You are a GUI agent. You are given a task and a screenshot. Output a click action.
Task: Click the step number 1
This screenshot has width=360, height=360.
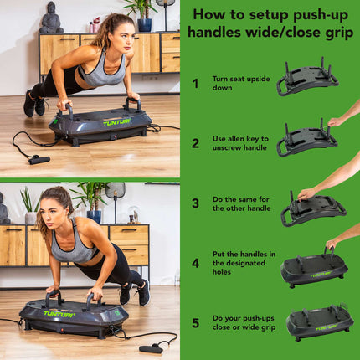pyautogui.click(x=195, y=83)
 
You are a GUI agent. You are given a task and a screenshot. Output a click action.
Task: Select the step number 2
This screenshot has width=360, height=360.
pyautogui.click(x=195, y=143)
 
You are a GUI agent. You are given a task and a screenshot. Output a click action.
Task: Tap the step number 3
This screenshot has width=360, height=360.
pyautogui.click(x=195, y=203)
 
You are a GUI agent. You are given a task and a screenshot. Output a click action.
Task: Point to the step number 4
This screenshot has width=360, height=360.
pyautogui.click(x=195, y=262)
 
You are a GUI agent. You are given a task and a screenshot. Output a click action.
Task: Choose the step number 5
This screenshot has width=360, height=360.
pyautogui.click(x=195, y=322)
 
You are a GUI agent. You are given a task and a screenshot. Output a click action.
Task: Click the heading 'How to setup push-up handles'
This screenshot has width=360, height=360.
pyautogui.click(x=270, y=23)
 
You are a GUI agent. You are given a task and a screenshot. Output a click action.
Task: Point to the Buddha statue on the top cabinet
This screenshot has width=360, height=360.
pyautogui.click(x=51, y=18)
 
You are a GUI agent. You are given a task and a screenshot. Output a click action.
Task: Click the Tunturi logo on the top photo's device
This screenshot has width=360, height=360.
pyautogui.click(x=116, y=122)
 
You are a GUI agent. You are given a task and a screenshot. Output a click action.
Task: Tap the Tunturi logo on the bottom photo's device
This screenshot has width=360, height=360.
pyautogui.click(x=59, y=314)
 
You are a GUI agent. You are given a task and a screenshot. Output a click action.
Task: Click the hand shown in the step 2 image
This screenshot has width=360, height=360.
pyautogui.click(x=340, y=121)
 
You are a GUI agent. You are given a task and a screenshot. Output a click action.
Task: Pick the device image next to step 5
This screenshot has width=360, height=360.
pyautogui.click(x=319, y=322)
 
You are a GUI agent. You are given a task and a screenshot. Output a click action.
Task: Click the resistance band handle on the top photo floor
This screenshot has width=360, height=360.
pyautogui.click(x=39, y=159)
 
